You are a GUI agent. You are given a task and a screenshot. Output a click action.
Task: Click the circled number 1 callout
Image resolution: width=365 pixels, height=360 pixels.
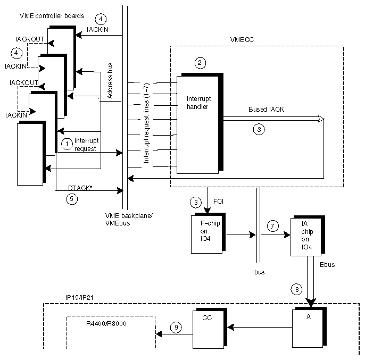(x=67, y=144)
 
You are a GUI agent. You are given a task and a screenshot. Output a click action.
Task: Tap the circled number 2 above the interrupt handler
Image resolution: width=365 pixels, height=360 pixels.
(x=200, y=63)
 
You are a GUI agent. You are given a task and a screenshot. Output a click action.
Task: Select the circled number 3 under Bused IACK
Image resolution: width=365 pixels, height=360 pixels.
(x=259, y=129)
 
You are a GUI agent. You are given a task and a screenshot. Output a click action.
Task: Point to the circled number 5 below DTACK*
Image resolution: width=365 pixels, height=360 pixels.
(x=72, y=199)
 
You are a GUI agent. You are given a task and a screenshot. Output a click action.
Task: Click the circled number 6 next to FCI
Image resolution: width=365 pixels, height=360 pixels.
(x=195, y=203)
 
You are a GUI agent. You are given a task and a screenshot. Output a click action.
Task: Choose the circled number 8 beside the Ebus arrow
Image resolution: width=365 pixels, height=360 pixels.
(x=296, y=289)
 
